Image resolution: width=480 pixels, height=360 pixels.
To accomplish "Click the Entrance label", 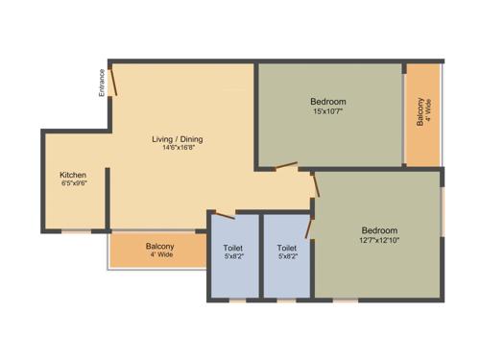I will tap(102, 83).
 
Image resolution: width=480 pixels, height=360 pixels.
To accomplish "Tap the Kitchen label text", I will tap(73, 175).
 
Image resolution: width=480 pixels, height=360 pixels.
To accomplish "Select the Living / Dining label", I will tap(178, 139).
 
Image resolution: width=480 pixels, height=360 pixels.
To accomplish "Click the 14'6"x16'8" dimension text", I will tap(178, 149).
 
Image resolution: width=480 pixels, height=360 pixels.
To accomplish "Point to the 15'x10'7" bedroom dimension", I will tap(328, 111).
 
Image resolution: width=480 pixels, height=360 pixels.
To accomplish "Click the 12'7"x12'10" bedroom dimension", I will tap(379, 240).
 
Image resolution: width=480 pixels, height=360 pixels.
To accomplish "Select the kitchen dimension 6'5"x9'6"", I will tap(73, 184).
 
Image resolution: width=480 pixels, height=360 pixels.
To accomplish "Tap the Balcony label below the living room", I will tap(160, 247).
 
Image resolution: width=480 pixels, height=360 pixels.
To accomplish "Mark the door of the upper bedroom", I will tap(285, 168).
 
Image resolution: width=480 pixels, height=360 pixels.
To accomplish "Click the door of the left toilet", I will tap(225, 214).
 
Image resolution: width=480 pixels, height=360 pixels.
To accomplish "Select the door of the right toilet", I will tap(308, 227).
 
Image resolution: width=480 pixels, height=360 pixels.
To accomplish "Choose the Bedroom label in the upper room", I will tap(328, 102).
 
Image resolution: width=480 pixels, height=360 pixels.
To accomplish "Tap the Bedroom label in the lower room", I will tap(379, 230).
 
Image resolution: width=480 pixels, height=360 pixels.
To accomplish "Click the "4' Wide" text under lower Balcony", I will tap(160, 256).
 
